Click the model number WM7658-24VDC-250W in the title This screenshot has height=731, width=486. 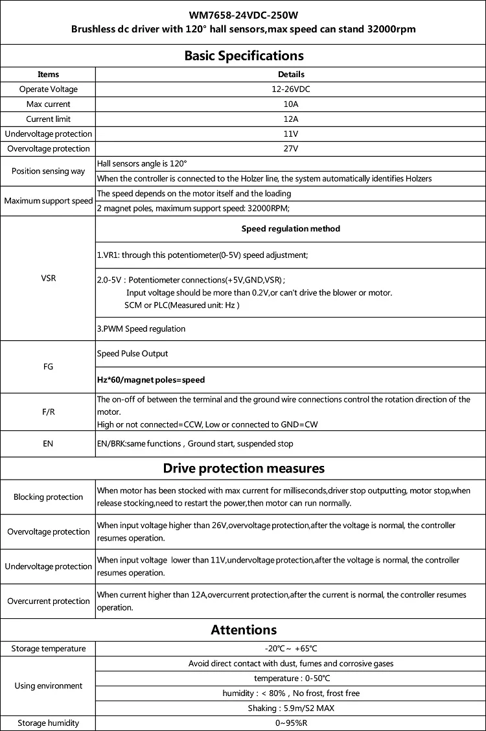pyautogui.click(x=243, y=14)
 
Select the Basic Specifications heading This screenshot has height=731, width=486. pyautogui.click(x=244, y=55)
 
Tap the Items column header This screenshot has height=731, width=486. pyautogui.click(x=48, y=75)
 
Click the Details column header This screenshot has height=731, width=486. pyautogui.click(x=291, y=75)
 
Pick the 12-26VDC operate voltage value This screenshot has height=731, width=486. pyautogui.click(x=291, y=89)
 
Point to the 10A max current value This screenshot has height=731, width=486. pyautogui.click(x=291, y=104)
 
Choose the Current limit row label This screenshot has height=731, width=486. pyautogui.click(x=48, y=119)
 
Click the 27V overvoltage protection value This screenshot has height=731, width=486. pyautogui.click(x=291, y=149)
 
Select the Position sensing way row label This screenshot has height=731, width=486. pyautogui.click(x=48, y=171)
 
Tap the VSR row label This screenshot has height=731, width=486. pyautogui.click(x=48, y=278)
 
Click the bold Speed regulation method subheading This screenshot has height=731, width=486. pyautogui.click(x=291, y=229)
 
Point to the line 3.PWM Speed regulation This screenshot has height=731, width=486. pyautogui.click(x=141, y=329)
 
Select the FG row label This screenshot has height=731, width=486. pyautogui.click(x=48, y=367)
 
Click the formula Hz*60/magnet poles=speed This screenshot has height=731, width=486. pyautogui.click(x=150, y=380)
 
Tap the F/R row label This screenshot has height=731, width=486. pyautogui.click(x=48, y=412)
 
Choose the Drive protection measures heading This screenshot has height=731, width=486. pyautogui.click(x=244, y=468)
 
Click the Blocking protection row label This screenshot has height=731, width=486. pyautogui.click(x=48, y=497)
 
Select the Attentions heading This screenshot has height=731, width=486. pyautogui.click(x=244, y=630)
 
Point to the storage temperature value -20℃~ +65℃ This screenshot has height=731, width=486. pyautogui.click(x=291, y=648)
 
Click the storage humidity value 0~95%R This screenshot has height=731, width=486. pyautogui.click(x=291, y=723)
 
